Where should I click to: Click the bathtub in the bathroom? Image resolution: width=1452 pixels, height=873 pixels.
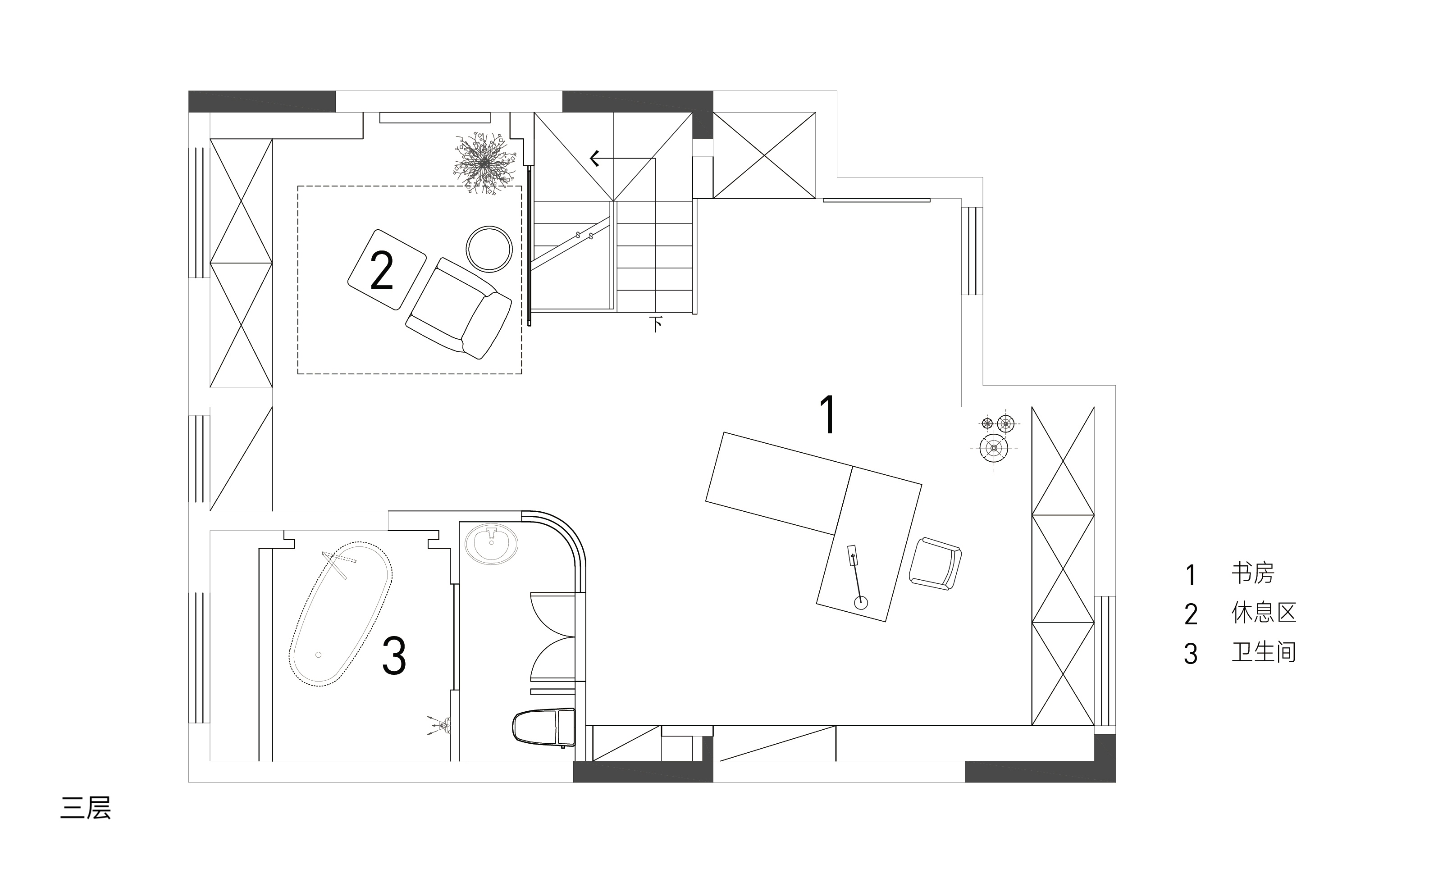coord(341,614)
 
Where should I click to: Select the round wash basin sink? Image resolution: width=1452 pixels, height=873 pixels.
coord(491,545)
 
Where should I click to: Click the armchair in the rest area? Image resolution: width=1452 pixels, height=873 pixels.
coord(458,308)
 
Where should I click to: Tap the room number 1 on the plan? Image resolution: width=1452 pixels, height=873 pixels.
coord(828,415)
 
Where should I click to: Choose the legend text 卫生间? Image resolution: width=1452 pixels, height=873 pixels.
coord(1264,652)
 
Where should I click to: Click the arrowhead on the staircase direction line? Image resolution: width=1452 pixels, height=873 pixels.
coord(594,158)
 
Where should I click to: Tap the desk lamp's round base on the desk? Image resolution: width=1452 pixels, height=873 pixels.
coord(861,602)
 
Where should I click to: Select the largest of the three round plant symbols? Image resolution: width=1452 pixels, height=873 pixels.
coord(994,448)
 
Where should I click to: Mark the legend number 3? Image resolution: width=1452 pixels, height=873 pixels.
coord(1190,654)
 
